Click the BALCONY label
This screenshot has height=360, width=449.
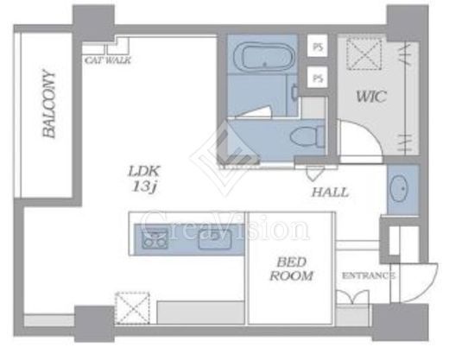[x=48, y=104]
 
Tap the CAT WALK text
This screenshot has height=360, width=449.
[x=108, y=60]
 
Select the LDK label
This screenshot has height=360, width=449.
[x=143, y=172]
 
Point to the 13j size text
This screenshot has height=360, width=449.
[x=144, y=187]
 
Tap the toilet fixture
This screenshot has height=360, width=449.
[x=307, y=136]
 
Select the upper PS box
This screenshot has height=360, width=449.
[x=318, y=46]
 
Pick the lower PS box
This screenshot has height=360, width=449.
[x=318, y=77]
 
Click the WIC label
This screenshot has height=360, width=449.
[x=370, y=97]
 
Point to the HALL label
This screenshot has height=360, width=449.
[x=331, y=193]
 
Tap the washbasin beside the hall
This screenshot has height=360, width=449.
[x=399, y=188]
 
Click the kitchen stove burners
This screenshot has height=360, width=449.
[x=155, y=238]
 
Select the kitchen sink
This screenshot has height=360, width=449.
[x=215, y=239]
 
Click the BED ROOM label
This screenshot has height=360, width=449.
[x=291, y=269]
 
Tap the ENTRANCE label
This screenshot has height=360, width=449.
[x=368, y=275]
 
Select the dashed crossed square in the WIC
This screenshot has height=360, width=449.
[x=364, y=54]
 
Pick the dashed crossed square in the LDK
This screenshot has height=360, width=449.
[x=132, y=308]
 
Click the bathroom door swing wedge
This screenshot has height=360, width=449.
[x=253, y=112]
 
